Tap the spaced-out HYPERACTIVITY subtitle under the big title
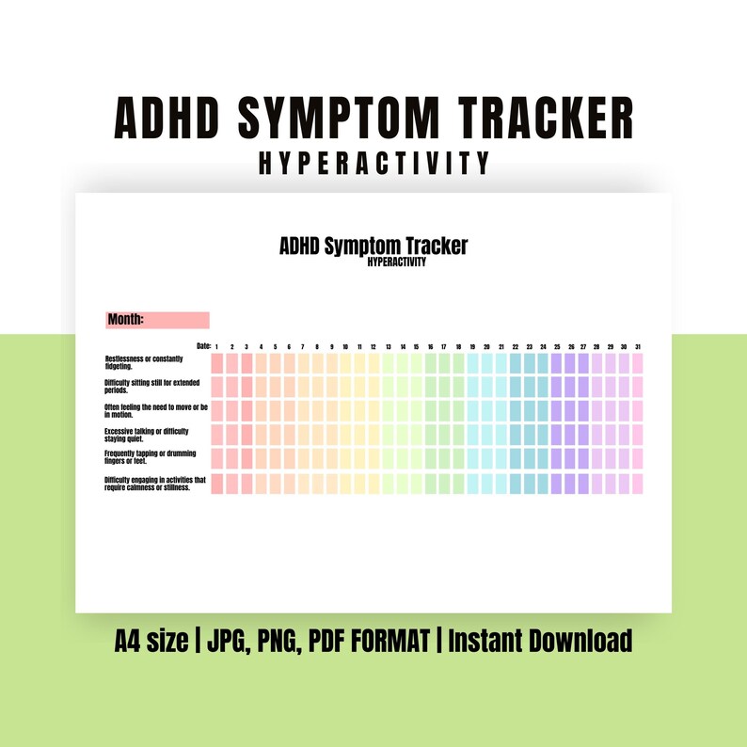click(373, 164)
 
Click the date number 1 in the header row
click(217, 347)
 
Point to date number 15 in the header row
click(416, 347)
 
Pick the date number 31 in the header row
click(637, 347)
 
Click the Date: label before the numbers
click(203, 347)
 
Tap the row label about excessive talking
click(147, 435)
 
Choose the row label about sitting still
click(151, 387)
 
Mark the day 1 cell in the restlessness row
click(217, 363)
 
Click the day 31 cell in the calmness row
click(637, 483)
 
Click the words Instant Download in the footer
click(540, 642)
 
